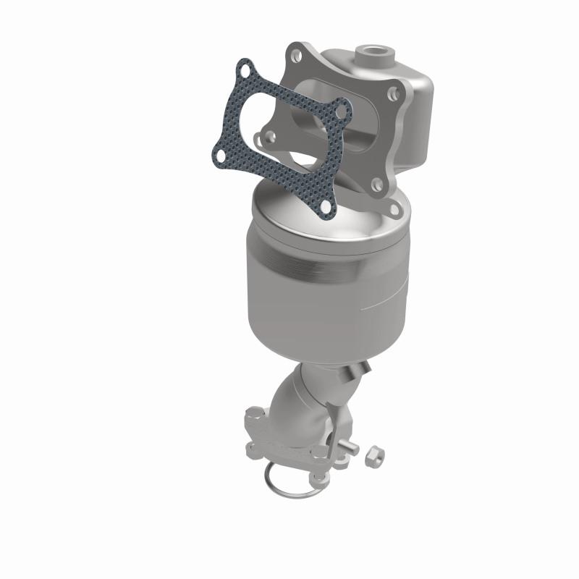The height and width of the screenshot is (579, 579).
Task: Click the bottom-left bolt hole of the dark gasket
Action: (219, 154)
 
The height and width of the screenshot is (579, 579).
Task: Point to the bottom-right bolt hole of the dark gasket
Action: (326, 207)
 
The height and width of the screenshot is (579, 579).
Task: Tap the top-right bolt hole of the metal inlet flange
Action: (392, 93)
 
